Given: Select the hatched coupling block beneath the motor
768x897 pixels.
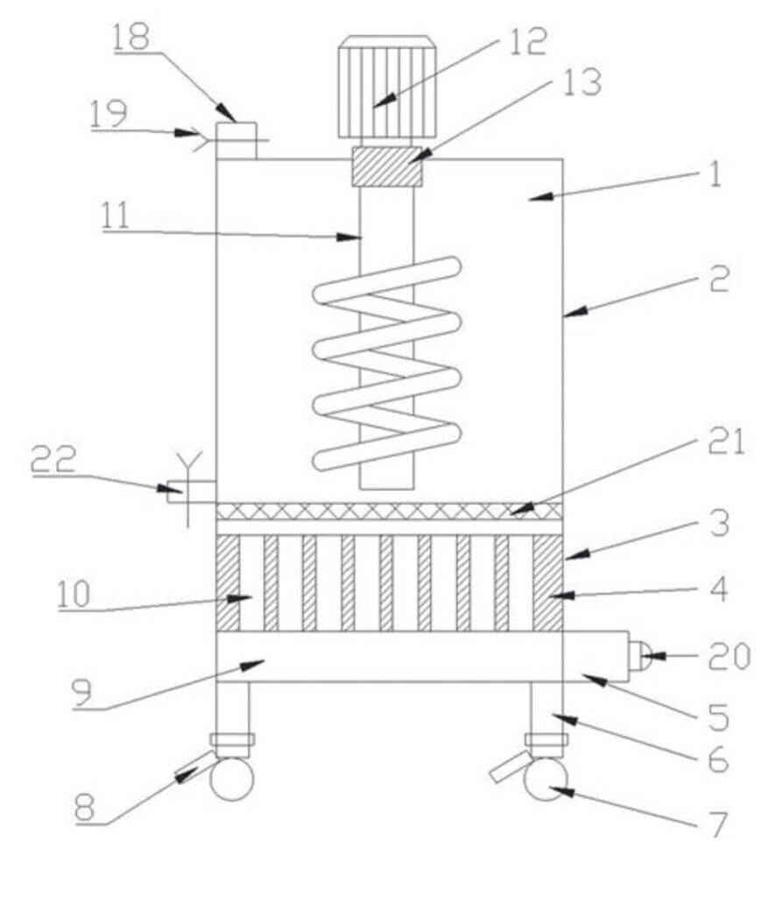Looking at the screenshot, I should (386, 166).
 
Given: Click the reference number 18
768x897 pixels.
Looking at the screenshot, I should (130, 38).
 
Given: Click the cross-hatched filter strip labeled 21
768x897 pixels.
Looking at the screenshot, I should (389, 510).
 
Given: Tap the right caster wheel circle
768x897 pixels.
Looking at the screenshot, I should (544, 779).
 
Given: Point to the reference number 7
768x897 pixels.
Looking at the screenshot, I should (718, 824).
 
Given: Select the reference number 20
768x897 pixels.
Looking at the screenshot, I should (729, 655).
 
